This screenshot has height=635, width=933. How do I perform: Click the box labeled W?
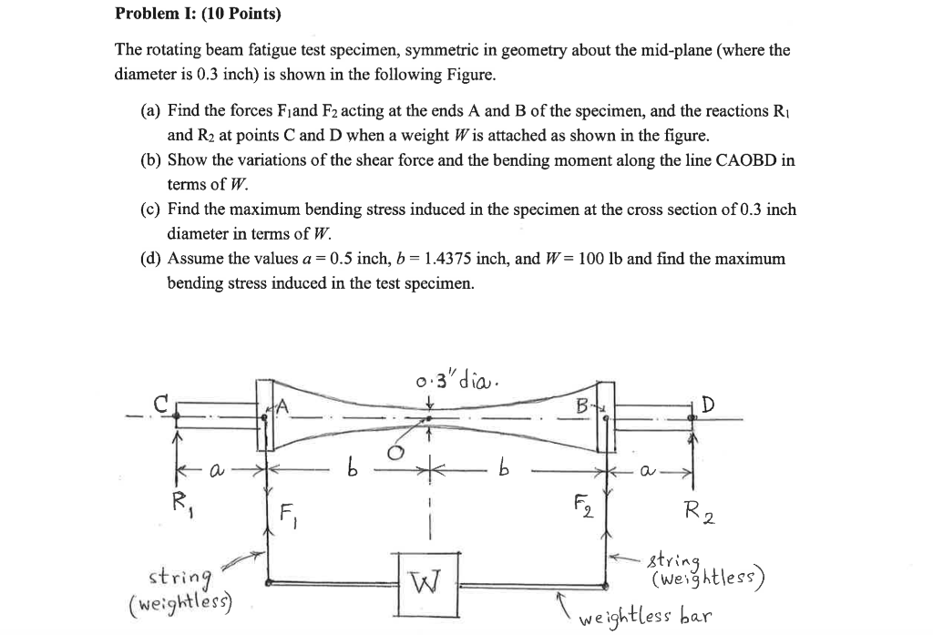[x=426, y=579]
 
